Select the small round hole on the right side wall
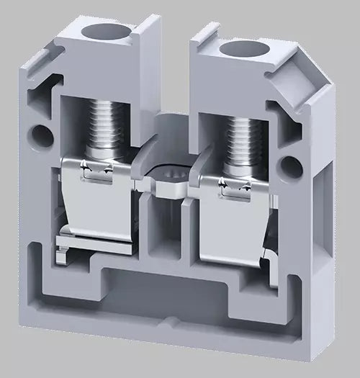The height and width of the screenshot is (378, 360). point(289,164)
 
